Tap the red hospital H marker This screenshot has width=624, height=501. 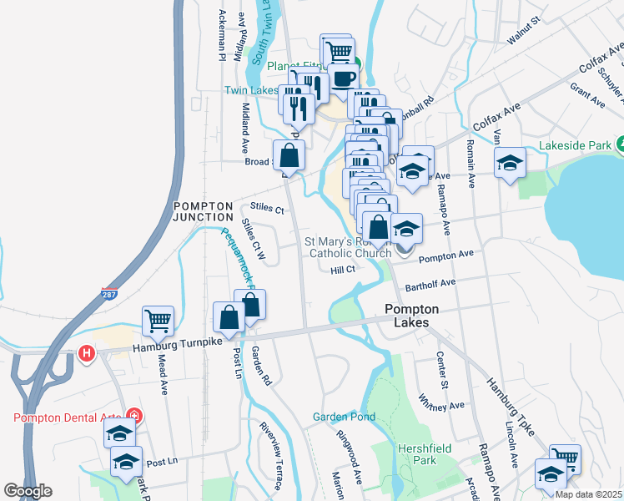85,353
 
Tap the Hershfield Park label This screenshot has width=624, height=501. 418,454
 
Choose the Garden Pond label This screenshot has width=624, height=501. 344,417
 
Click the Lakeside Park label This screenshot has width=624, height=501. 576,144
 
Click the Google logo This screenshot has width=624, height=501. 28,491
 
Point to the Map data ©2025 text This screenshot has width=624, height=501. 588,494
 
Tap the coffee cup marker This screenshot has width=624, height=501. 342,78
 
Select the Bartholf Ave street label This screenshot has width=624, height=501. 430,284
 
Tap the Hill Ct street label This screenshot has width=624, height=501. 342,269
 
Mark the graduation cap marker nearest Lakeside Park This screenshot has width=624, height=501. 510,162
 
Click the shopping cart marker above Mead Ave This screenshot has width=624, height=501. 158,319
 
